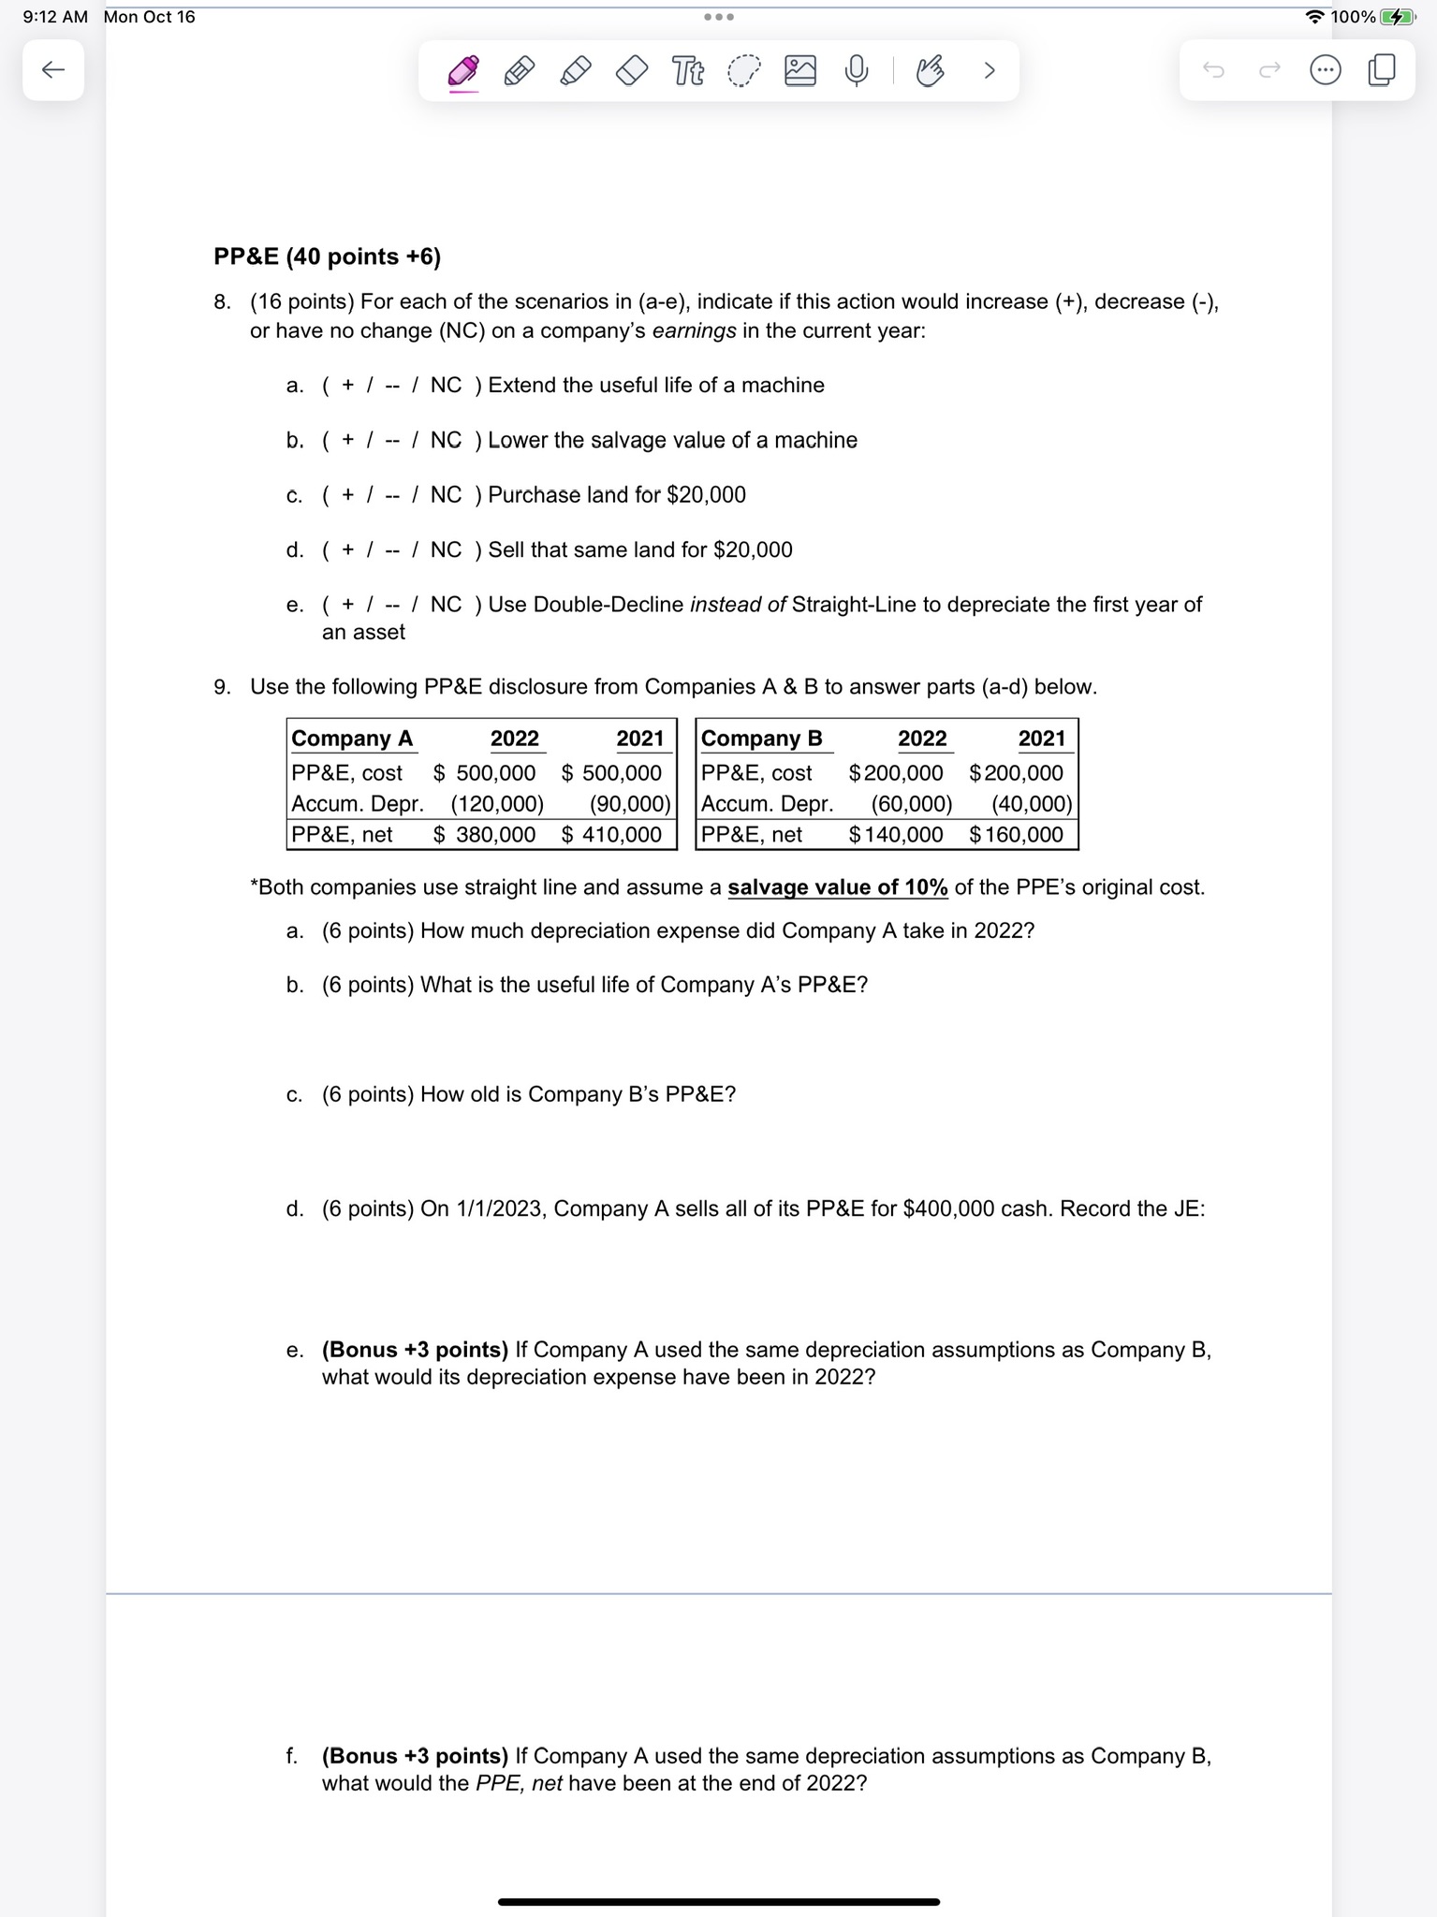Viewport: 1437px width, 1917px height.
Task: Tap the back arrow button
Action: click(x=53, y=69)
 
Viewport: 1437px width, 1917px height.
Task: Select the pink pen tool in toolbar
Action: click(x=463, y=71)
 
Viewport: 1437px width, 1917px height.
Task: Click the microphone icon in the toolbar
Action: click(x=856, y=70)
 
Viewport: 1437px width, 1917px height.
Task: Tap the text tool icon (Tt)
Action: click(x=688, y=70)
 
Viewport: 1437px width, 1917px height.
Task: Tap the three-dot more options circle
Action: click(x=1325, y=70)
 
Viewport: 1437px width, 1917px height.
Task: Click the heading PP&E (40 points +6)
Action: click(x=327, y=256)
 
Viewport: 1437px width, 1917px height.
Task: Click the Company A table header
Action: click(x=352, y=739)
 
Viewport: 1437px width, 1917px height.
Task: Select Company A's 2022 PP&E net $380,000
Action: click(x=484, y=834)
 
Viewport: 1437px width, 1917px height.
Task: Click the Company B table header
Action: click(x=761, y=739)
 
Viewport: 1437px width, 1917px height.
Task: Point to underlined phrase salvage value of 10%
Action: click(x=837, y=886)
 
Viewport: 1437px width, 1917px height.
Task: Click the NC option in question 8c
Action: click(x=446, y=494)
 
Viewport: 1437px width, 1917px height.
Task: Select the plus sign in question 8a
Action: click(x=347, y=386)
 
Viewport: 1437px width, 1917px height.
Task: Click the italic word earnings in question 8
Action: click(x=693, y=331)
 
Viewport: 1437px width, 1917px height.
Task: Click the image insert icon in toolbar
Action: click(x=799, y=70)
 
